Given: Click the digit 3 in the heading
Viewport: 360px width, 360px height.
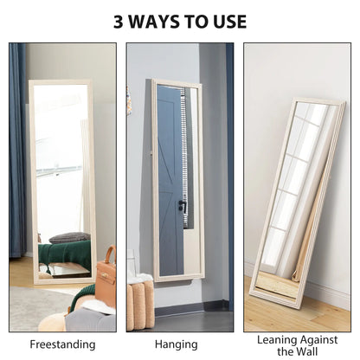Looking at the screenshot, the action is click(119, 22).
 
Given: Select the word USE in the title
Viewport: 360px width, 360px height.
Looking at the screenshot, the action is click(230, 22).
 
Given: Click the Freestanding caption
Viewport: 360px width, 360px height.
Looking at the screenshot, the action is click(62, 344).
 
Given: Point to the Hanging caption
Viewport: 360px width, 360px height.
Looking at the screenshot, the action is click(177, 344).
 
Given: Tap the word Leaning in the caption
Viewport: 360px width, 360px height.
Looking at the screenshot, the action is click(277, 340).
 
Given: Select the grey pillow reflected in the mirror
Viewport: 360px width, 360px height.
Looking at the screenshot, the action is click(69, 238).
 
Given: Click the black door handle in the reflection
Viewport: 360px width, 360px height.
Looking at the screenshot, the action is click(183, 204).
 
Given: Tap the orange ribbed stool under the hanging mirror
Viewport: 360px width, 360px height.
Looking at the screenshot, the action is click(140, 305).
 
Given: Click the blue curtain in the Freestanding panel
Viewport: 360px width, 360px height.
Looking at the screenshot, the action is click(18, 150).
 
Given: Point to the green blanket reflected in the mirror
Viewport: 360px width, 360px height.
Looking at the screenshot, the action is click(65, 254).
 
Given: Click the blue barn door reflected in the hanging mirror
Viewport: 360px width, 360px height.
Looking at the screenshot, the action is click(170, 180).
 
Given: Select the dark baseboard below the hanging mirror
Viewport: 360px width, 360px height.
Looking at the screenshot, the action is click(193, 307).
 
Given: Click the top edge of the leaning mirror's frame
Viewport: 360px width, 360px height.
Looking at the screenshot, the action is click(318, 100).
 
